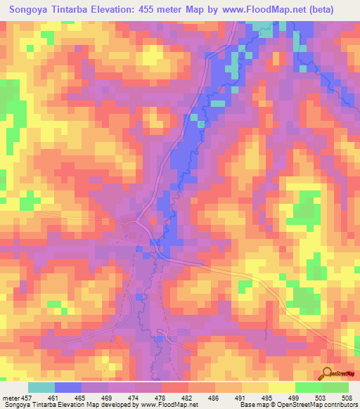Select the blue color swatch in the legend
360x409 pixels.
coord(68,387)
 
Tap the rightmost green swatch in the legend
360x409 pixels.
coord(335,387)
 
